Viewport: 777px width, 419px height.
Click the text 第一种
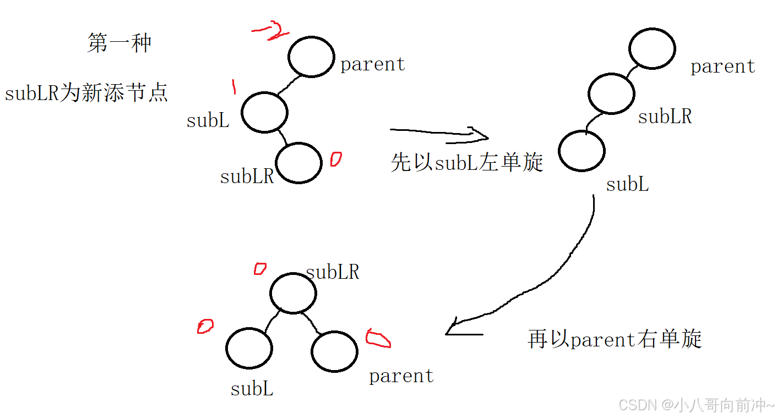coord(119,43)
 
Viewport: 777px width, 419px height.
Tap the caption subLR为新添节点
coord(86,93)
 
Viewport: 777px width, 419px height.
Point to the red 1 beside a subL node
coord(233,86)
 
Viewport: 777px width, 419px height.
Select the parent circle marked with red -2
coord(311,57)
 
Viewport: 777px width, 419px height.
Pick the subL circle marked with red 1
coord(264,113)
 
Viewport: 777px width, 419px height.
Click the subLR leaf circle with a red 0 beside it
coord(298,163)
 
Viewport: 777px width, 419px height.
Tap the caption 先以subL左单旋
coord(467,162)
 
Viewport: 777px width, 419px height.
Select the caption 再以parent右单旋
coord(615,339)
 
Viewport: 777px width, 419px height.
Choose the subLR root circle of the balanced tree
coord(293,293)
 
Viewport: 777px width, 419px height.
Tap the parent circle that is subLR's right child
coord(334,351)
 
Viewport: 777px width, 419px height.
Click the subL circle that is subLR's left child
coord(249,348)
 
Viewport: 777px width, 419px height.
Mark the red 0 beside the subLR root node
coord(259,269)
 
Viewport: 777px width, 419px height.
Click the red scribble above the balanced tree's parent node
coord(378,339)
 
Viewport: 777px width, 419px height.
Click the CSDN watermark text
coord(696,406)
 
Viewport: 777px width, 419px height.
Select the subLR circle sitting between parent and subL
coord(611,94)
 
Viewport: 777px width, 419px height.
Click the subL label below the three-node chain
coord(627,185)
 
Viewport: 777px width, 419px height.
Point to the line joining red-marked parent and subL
coord(290,86)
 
